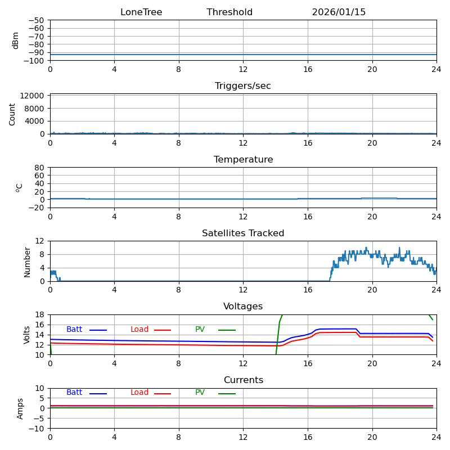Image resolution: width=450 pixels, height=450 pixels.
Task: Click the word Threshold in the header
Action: coord(229,12)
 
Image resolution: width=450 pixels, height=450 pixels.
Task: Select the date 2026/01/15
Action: coord(339,12)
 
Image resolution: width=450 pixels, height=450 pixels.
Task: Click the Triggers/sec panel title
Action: coord(243,86)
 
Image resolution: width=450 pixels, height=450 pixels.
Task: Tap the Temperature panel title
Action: coord(243,160)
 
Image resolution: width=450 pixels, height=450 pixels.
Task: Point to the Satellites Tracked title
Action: coord(243,233)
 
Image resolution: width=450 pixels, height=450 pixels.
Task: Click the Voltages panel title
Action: coord(243,307)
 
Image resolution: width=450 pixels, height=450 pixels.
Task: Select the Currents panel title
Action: coord(243,380)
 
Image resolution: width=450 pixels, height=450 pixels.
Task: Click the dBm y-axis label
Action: coord(16,40)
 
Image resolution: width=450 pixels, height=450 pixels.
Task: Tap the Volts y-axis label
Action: coord(27,335)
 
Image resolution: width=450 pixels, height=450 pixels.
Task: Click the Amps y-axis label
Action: coord(20,408)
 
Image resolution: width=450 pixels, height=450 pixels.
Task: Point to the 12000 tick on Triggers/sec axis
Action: coord(33,96)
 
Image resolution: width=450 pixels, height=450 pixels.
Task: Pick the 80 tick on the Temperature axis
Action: coord(39,168)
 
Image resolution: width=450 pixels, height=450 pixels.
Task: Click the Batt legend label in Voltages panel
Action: coord(74,330)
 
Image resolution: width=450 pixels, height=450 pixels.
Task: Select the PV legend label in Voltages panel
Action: coord(200,330)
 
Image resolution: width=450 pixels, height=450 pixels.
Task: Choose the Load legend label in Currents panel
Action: coord(139,393)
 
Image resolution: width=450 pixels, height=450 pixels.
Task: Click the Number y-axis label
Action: coord(27,261)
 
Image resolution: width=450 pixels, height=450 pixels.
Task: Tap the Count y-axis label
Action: coord(12,114)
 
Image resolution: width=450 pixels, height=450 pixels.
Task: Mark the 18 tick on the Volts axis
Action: coord(40,314)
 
